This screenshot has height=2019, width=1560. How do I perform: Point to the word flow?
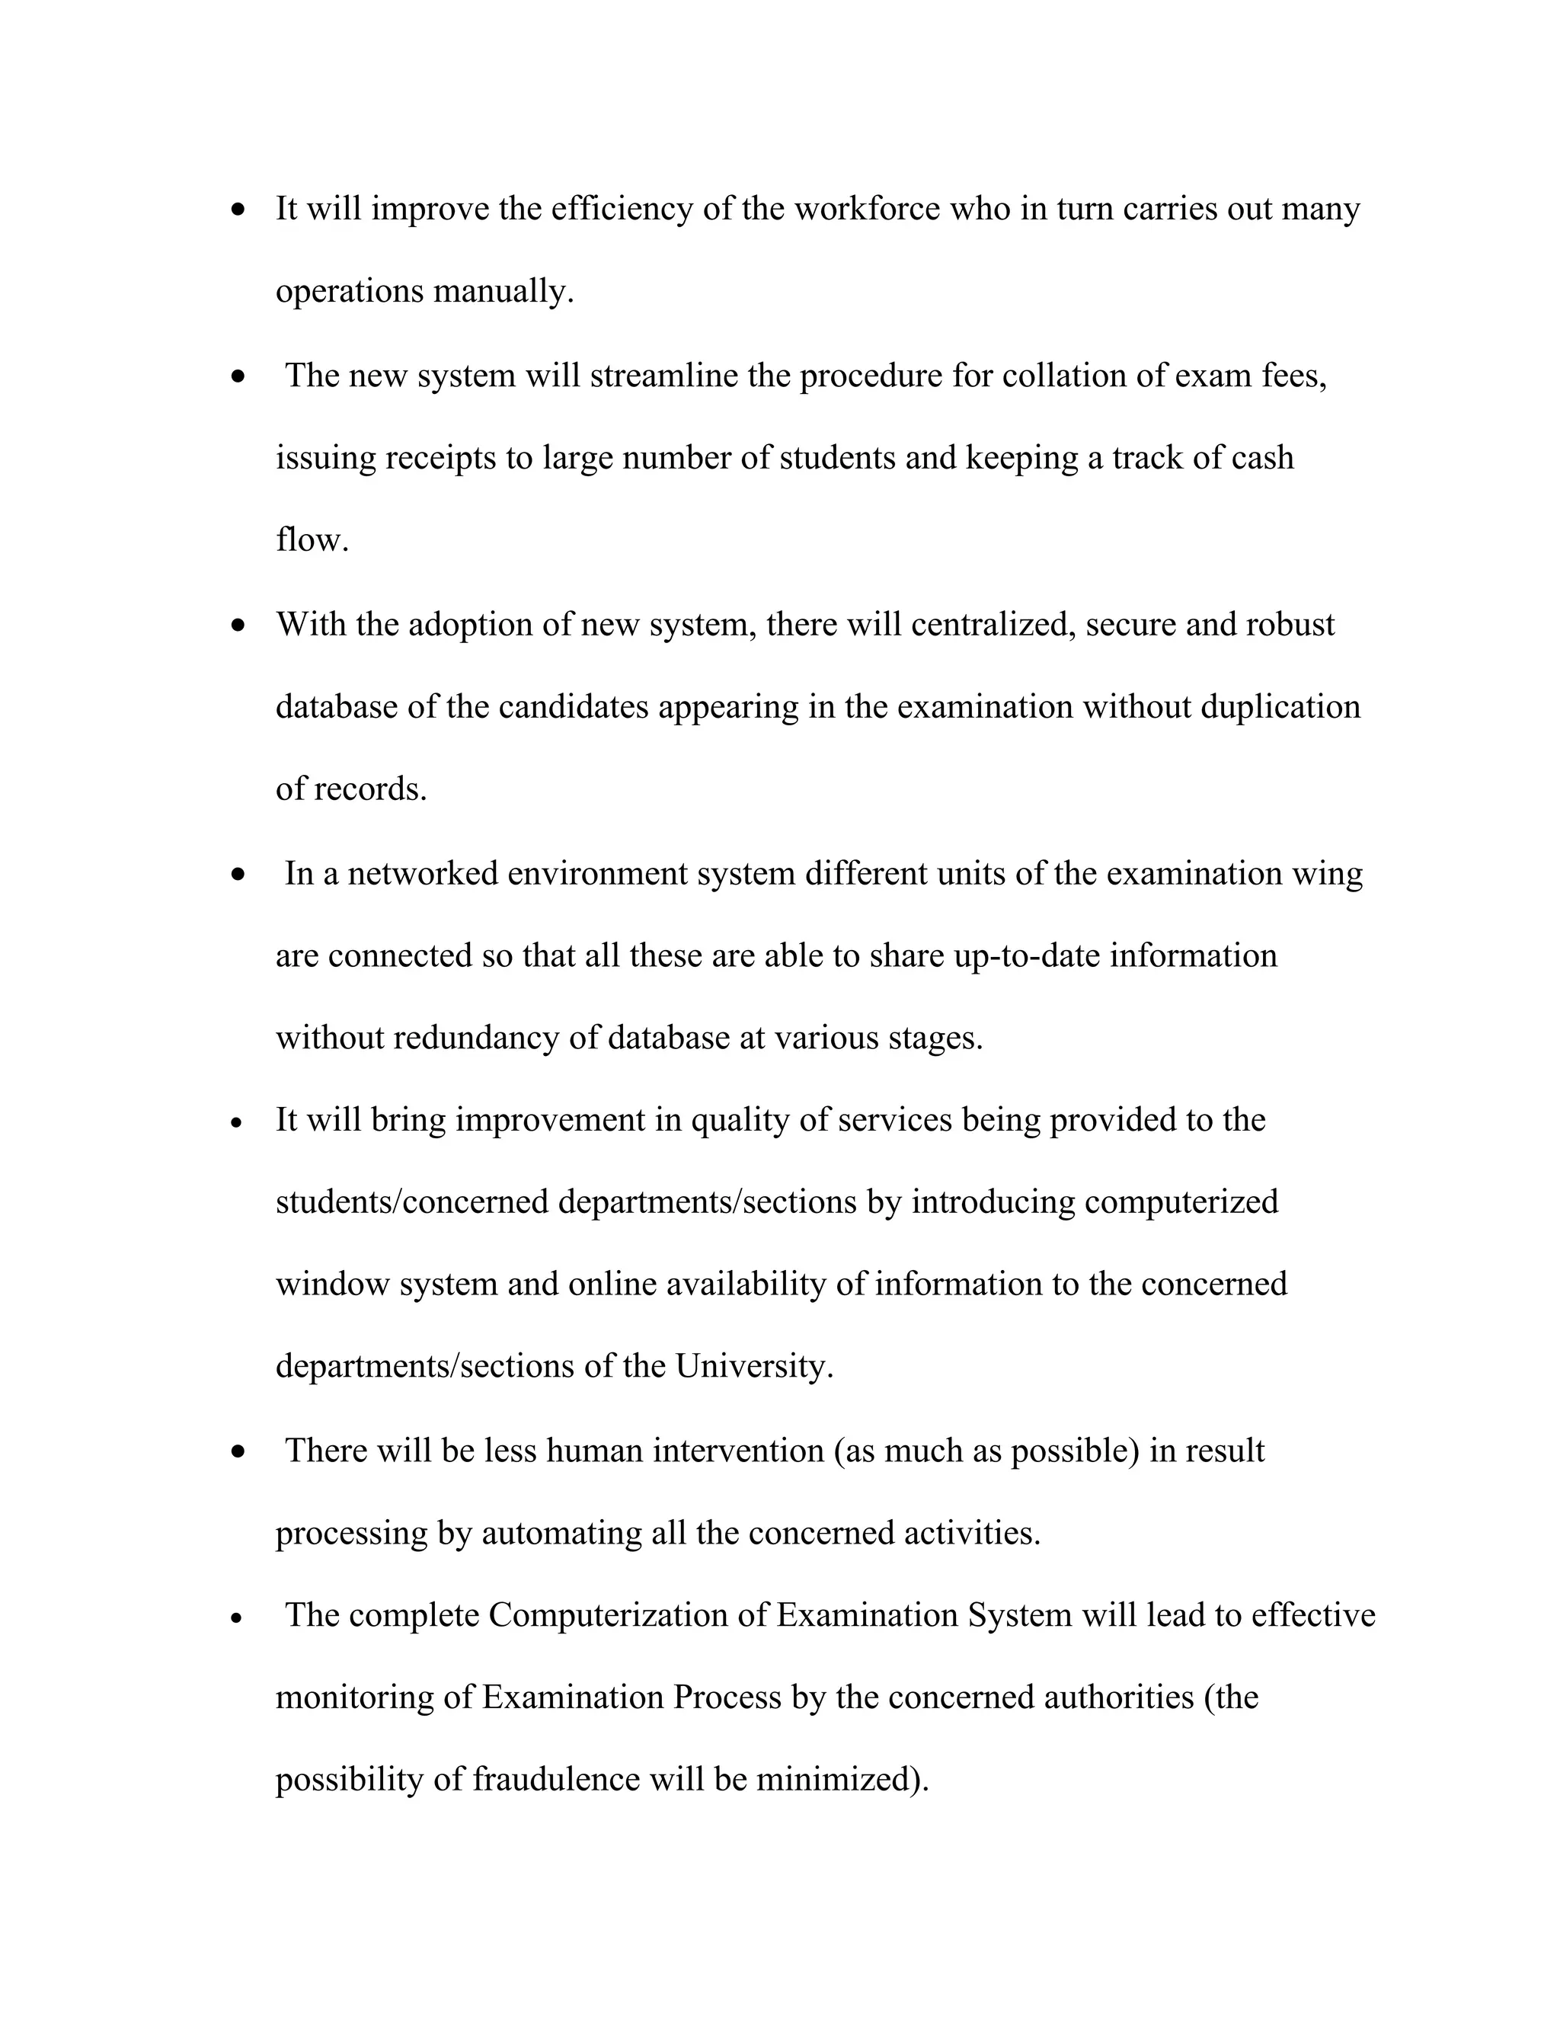(312, 540)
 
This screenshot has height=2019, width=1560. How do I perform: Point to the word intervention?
(737, 1451)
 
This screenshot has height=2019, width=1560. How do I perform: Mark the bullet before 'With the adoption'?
(239, 626)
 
